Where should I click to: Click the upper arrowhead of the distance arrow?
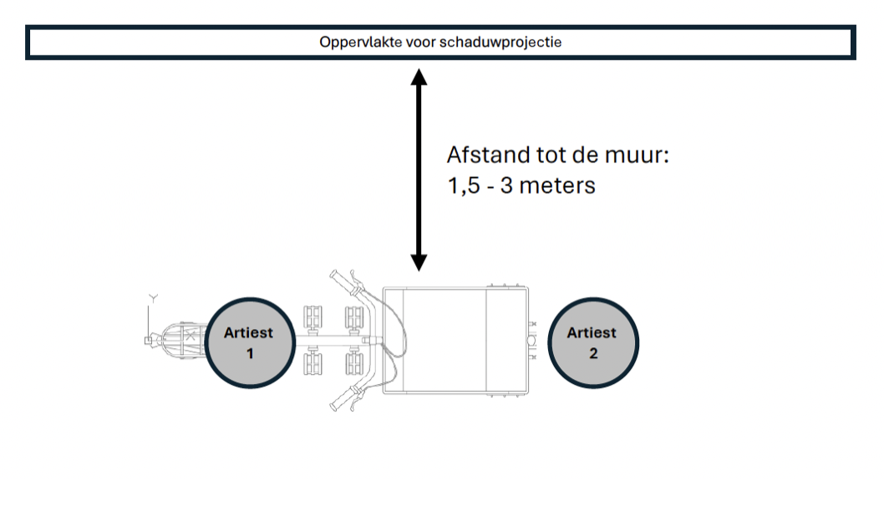(x=419, y=78)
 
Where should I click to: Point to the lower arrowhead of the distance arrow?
(x=419, y=261)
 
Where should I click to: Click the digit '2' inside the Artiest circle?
(x=593, y=353)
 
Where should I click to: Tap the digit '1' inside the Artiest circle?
(x=249, y=353)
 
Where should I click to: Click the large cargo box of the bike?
(x=434, y=340)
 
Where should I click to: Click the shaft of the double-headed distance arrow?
(x=419, y=167)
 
